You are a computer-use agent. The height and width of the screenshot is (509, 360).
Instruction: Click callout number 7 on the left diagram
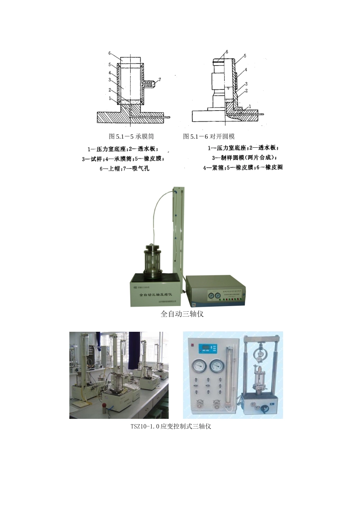160,80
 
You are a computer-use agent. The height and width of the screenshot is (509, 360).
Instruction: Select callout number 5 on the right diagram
245,56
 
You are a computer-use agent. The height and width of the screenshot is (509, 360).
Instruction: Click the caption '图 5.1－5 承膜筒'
131,136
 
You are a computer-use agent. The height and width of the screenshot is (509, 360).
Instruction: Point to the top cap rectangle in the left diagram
130,60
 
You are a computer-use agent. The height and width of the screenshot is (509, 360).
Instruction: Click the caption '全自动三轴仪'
182,314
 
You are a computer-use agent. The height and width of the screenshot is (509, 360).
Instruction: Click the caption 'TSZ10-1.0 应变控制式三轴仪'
171,426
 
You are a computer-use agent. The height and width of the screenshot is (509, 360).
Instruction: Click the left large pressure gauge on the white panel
198,366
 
